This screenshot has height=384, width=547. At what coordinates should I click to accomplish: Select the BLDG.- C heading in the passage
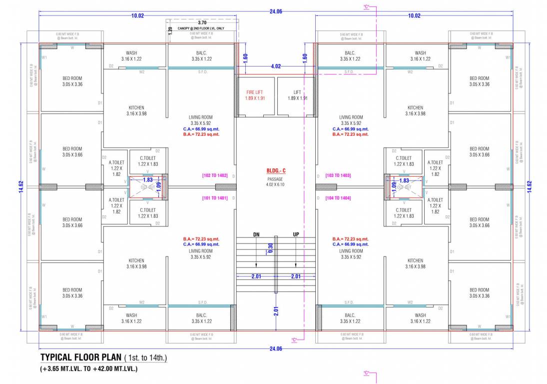(275, 171)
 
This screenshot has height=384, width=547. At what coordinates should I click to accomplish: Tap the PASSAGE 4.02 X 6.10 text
(275, 181)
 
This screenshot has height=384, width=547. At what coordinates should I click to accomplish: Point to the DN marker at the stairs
(256, 234)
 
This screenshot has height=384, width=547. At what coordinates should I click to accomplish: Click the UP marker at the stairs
(296, 234)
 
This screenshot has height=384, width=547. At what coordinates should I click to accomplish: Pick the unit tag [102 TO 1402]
(215, 175)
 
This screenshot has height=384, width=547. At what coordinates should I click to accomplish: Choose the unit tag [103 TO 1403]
(338, 175)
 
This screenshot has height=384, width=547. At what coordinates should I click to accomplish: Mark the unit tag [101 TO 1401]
(215, 198)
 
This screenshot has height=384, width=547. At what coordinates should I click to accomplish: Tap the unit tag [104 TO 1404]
(338, 198)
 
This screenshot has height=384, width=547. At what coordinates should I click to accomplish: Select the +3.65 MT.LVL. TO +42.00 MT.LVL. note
(88, 369)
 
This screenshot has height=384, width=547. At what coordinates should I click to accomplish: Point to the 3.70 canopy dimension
(202, 23)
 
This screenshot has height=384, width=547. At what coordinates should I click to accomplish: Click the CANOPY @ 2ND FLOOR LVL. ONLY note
(201, 29)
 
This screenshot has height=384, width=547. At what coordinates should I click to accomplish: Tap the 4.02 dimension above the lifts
(276, 66)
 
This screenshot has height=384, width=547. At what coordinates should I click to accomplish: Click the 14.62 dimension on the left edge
(21, 186)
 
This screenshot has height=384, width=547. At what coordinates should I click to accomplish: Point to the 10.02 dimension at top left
(137, 15)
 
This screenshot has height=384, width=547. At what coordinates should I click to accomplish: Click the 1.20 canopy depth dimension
(170, 29)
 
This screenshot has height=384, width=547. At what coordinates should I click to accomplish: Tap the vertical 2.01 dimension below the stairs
(276, 310)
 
